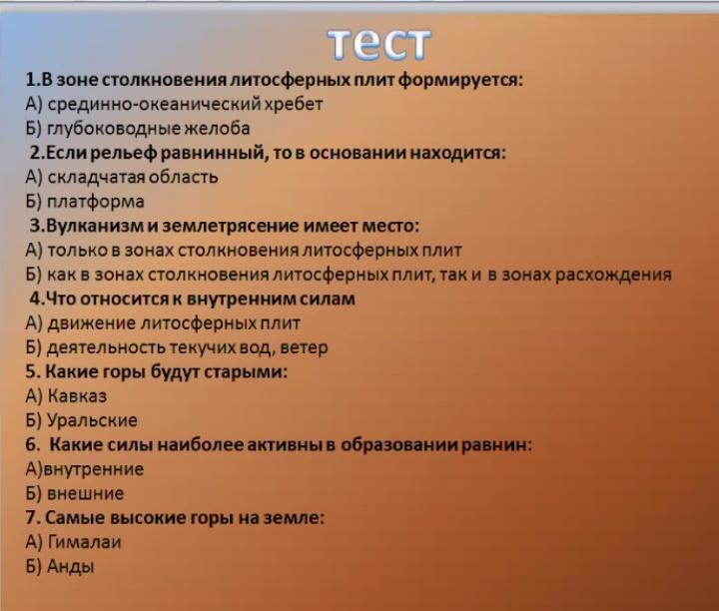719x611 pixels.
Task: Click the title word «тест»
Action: tap(379, 45)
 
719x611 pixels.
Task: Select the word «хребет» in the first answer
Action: tap(294, 104)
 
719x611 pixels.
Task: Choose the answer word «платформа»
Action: tap(96, 202)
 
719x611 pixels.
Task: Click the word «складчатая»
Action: tap(90, 178)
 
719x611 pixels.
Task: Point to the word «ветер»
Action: tap(304, 347)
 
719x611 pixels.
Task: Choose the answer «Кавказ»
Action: tap(77, 396)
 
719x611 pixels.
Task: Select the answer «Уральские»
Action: tap(92, 420)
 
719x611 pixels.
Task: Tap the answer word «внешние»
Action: tap(86, 493)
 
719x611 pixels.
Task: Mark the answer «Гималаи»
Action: tap(84, 542)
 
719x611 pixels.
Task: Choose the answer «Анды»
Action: tap(71, 566)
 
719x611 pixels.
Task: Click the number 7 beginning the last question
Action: tap(31, 518)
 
